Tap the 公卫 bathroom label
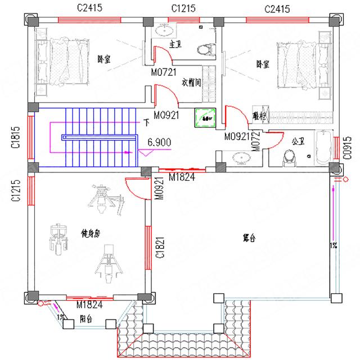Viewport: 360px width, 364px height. [298, 141]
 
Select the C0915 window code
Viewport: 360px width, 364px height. [348, 147]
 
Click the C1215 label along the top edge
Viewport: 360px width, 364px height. [183, 8]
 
